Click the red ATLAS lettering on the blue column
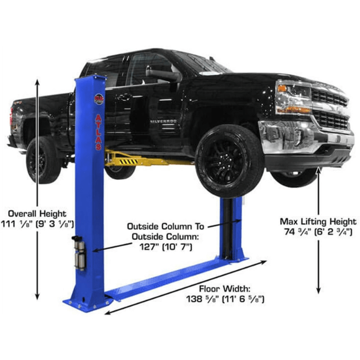click(x=98, y=132)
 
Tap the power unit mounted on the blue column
click(x=79, y=253)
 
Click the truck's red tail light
click(x=11, y=116)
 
